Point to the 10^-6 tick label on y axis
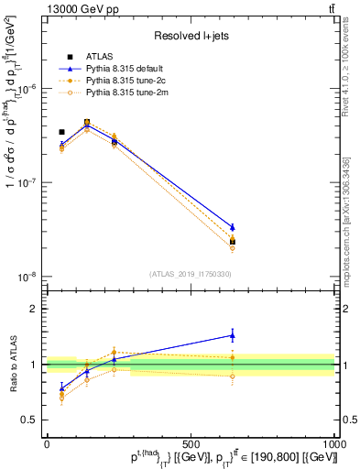(x=28, y=89)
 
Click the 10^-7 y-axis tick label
(x=28, y=182)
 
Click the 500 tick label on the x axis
(x=191, y=444)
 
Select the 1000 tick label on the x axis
(x=333, y=444)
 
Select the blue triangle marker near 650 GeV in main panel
(x=233, y=227)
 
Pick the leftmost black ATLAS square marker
(x=61, y=132)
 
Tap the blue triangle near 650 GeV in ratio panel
(x=233, y=335)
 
